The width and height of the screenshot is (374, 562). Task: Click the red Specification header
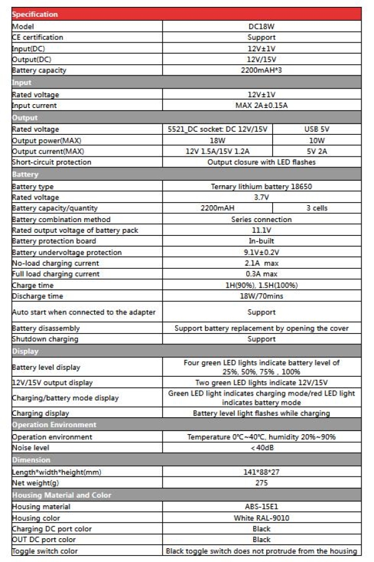(x=186, y=14)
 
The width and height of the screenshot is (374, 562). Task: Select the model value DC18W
(x=261, y=26)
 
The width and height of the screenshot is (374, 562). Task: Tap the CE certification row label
(x=38, y=37)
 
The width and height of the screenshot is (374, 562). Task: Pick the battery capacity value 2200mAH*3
(x=261, y=70)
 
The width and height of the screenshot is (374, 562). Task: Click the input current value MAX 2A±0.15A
(x=261, y=105)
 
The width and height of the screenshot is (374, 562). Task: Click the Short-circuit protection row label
(x=51, y=162)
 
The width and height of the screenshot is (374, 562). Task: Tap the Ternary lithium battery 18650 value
(x=261, y=187)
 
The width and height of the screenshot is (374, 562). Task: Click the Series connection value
(x=261, y=220)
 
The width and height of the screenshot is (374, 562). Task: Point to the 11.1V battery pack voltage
(x=261, y=230)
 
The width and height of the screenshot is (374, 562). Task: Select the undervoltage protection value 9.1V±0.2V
(x=261, y=253)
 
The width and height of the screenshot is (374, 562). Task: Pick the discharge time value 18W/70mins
(x=261, y=296)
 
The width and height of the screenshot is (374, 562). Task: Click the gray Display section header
(x=186, y=351)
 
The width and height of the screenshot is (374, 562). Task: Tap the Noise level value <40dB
(x=261, y=448)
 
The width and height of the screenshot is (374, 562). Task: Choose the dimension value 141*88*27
(x=261, y=472)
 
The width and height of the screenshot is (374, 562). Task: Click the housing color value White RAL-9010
(x=261, y=518)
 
